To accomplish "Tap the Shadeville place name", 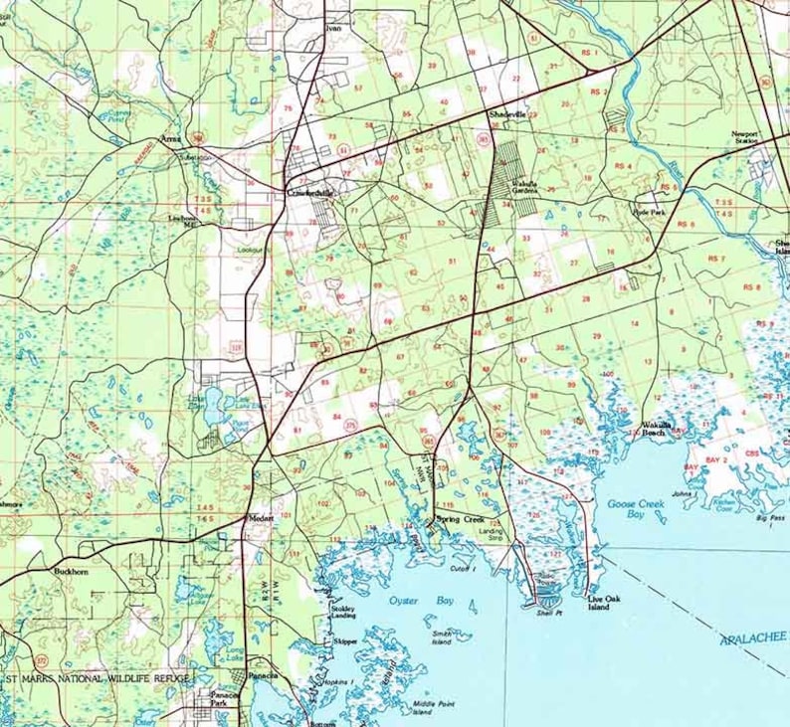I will click(505, 115).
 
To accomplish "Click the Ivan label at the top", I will click(332, 29).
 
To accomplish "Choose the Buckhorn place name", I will click(74, 572).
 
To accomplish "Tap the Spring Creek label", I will click(460, 520).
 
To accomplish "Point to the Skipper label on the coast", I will click(345, 642).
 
